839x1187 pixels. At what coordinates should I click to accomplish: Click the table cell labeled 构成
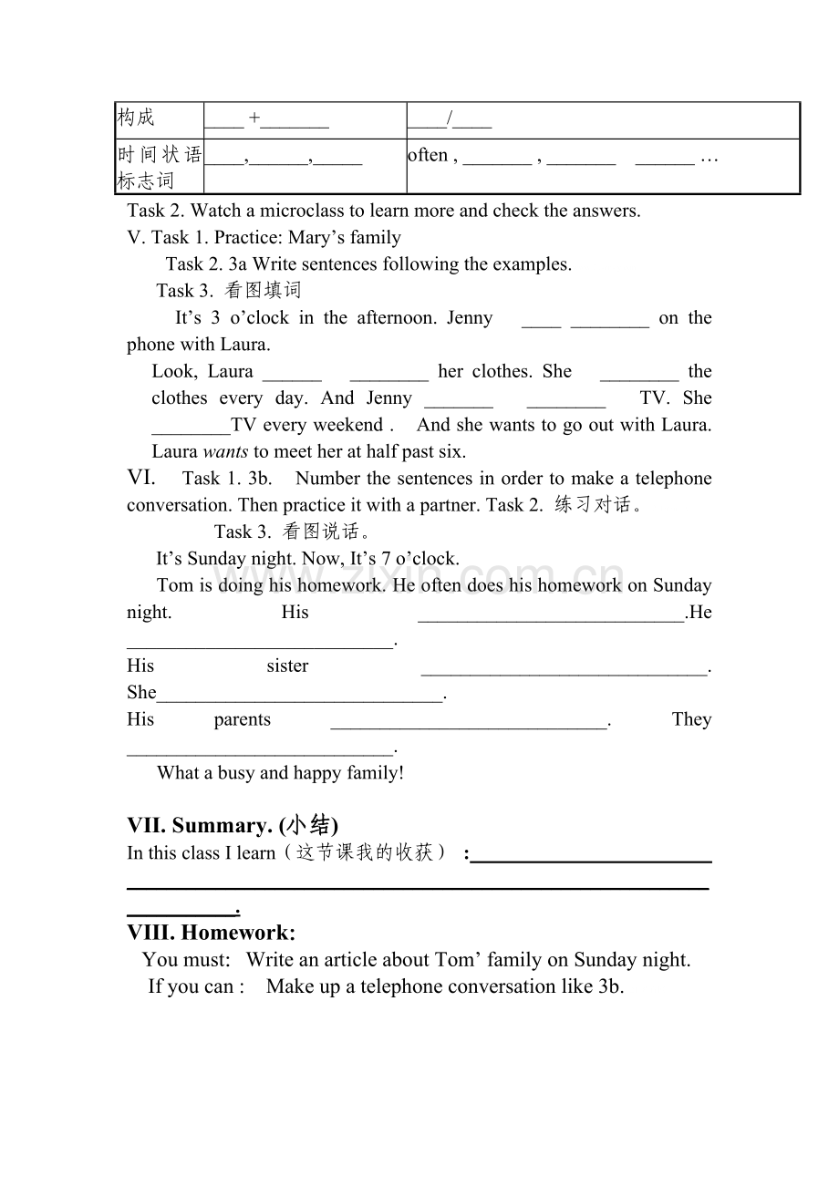point(137,118)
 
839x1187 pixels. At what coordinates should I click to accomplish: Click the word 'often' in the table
point(428,155)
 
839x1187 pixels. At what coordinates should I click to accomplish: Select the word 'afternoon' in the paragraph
point(396,318)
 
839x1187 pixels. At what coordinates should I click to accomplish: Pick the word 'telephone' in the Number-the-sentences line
point(673,479)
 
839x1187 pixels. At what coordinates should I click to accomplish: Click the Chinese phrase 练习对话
point(593,505)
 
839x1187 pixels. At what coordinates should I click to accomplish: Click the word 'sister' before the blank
point(287,666)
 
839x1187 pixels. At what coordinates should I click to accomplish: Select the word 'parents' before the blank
point(243,720)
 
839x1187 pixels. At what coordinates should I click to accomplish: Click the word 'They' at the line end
point(691,720)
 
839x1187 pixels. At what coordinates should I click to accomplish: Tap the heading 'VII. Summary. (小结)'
point(233,825)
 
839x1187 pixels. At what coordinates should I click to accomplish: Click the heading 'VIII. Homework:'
point(212,933)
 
